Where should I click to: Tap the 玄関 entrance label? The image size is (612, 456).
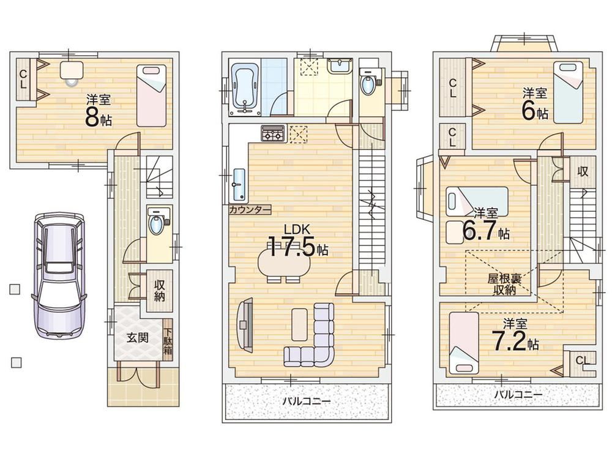point(137,338)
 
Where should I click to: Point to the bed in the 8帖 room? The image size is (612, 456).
point(151,95)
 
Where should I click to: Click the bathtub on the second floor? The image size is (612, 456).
point(245,89)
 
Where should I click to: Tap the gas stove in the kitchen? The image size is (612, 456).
point(273,133)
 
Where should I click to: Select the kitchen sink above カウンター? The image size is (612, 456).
point(239,185)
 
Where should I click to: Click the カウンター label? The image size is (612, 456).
point(250,210)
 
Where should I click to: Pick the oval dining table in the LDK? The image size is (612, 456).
point(284,262)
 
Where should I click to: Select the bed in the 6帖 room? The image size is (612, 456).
point(568,93)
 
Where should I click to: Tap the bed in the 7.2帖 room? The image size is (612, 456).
point(464,343)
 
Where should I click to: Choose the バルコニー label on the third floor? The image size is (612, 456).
point(518,394)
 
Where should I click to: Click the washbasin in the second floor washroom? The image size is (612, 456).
point(340,65)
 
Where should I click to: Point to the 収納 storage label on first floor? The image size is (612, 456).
point(159,290)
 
